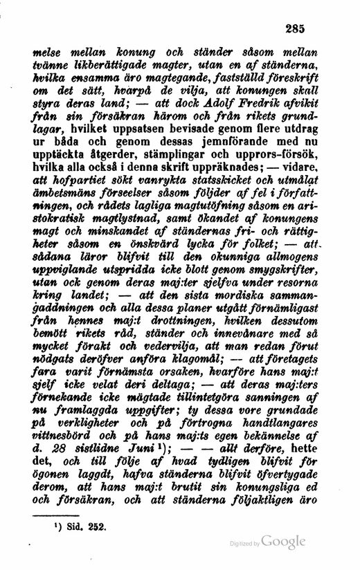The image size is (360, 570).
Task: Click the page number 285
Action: click(295, 29)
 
